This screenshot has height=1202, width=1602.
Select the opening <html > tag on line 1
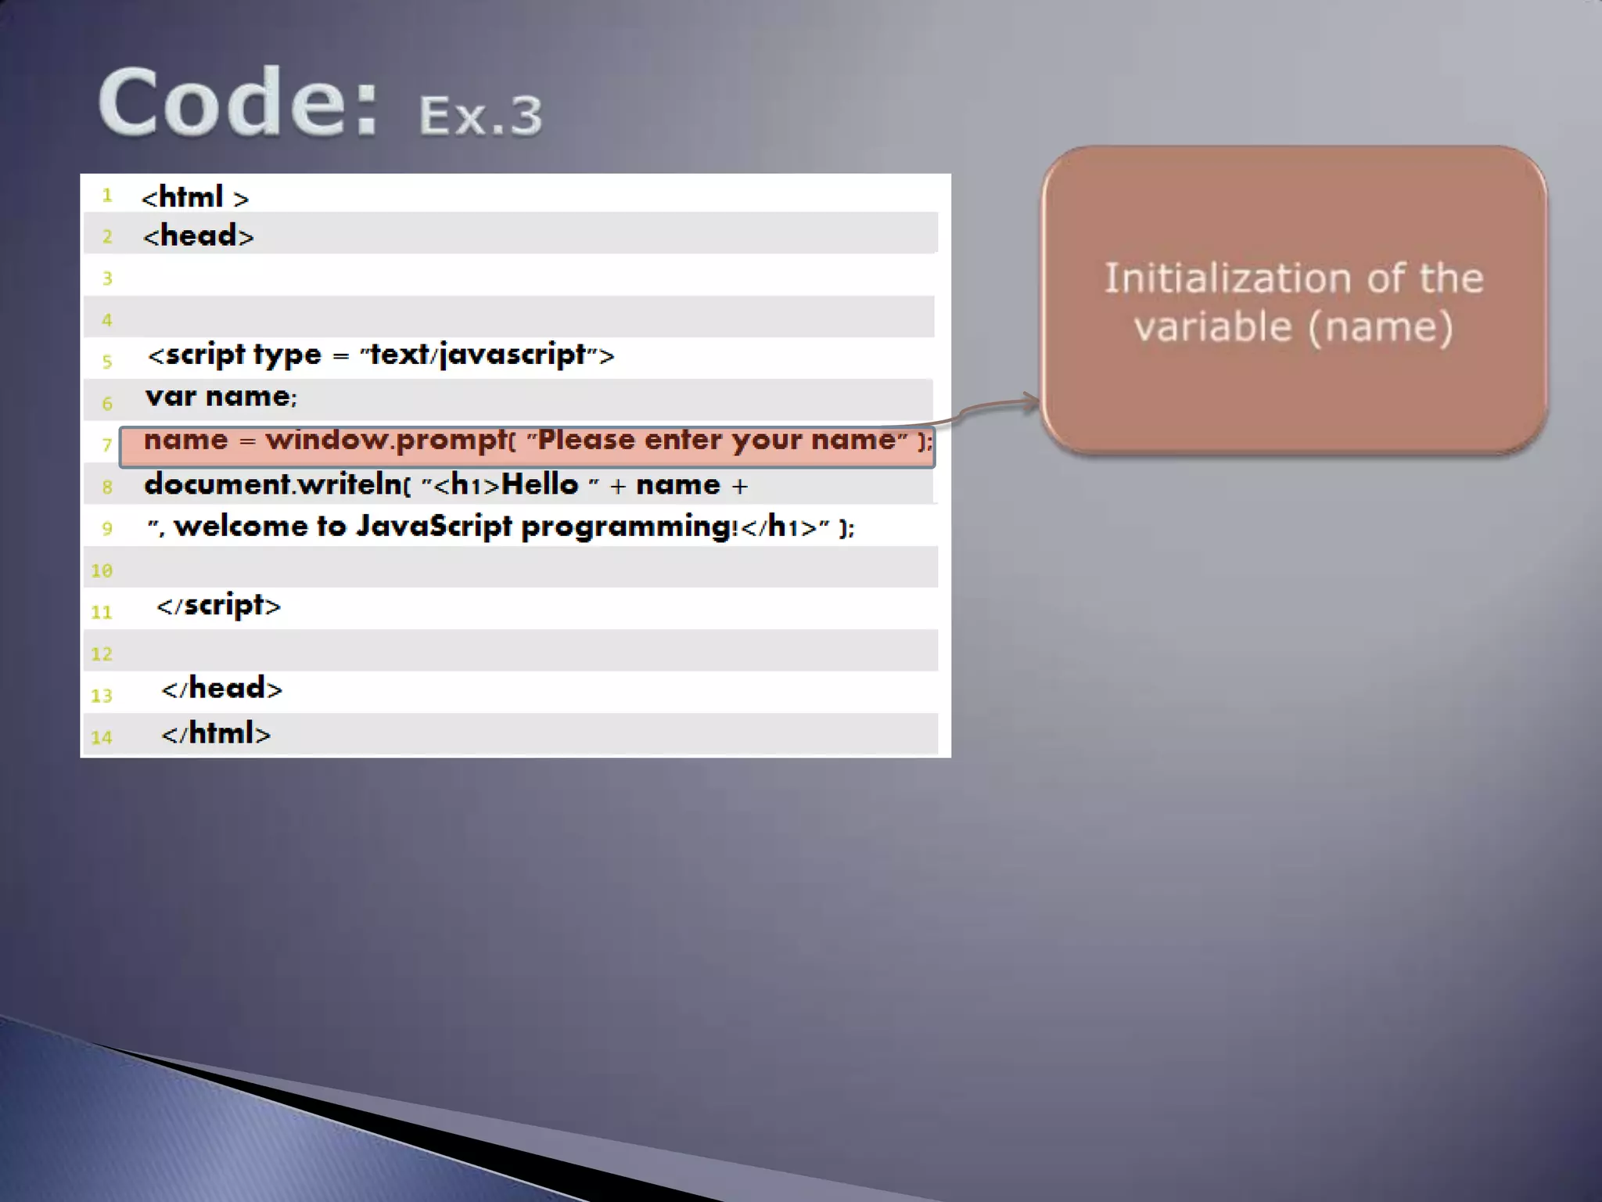coord(195,197)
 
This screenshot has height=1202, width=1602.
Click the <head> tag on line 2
coord(199,236)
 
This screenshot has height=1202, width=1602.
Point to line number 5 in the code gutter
coord(107,362)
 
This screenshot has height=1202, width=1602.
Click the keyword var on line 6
coord(171,397)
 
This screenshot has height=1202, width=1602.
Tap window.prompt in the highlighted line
coord(386,440)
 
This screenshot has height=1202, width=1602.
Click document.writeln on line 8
coord(274,484)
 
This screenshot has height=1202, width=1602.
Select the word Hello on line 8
coord(540,484)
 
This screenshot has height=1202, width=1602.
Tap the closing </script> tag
coord(218,606)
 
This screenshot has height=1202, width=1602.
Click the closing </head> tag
coord(221,689)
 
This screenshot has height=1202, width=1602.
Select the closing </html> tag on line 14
coord(216,734)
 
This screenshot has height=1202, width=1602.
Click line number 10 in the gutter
coord(102,570)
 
